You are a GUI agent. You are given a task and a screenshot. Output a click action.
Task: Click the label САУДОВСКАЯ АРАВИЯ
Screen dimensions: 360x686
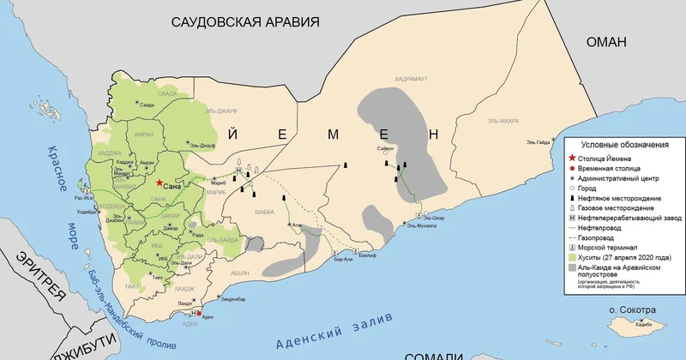click(x=245, y=23)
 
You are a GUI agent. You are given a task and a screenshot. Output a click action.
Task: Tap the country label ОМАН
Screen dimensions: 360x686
click(x=608, y=43)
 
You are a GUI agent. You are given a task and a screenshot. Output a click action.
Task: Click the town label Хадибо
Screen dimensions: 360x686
click(x=633, y=324)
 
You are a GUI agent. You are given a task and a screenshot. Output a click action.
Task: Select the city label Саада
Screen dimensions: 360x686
click(x=147, y=105)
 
